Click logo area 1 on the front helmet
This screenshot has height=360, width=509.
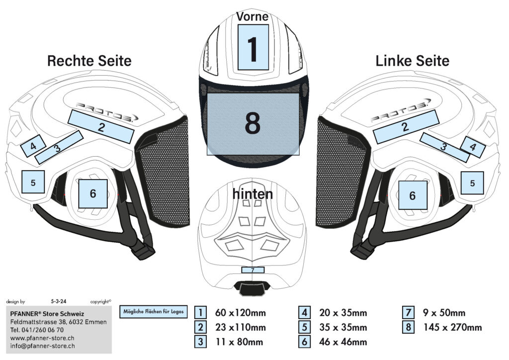pos(253,47)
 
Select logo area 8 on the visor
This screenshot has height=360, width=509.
pos(253,124)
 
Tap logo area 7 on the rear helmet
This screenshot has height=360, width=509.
pos(253,270)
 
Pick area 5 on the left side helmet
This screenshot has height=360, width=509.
pos(472,183)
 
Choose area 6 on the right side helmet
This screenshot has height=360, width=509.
pos(93,193)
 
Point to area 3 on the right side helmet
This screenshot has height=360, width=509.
pos(59,147)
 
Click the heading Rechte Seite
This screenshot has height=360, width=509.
pos(89,61)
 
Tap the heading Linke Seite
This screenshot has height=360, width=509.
pos(412,61)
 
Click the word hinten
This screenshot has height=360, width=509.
pos(253,194)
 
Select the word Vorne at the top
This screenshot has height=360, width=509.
pos(253,16)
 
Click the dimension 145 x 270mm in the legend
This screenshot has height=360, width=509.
pos(452,327)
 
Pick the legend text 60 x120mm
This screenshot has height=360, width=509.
pos(241,313)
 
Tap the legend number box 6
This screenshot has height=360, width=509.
pos(304,342)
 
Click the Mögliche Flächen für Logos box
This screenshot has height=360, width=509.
pos(154,312)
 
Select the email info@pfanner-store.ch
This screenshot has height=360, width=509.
pos(43,346)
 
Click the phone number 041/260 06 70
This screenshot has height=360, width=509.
pos(43,330)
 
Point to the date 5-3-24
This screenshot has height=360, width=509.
pos(59,301)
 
